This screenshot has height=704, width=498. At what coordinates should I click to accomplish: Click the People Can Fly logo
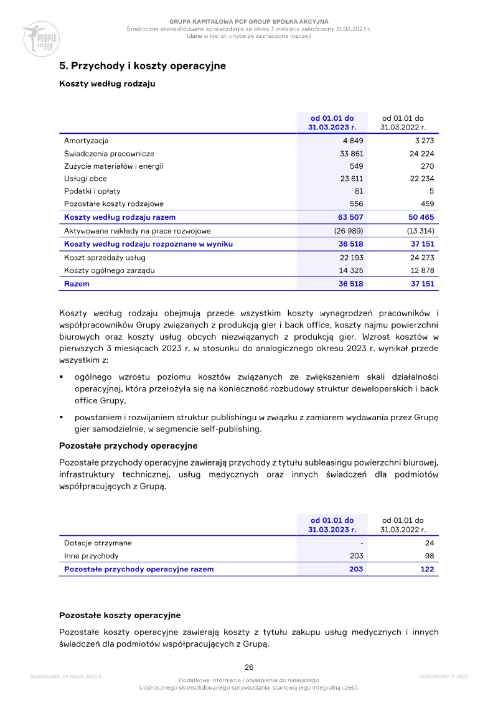tap(40, 38)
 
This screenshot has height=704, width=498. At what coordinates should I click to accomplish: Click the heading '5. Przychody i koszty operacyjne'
tap(142, 65)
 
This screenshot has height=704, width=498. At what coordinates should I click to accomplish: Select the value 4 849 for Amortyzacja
tap(352, 141)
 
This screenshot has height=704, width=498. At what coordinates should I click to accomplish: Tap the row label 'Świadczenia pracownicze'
tap(109, 154)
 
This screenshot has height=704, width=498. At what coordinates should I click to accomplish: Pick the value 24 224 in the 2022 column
tap(421, 154)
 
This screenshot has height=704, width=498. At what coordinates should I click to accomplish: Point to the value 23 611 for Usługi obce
tap(350, 179)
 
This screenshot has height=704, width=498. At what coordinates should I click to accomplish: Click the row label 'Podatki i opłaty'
tap(92, 191)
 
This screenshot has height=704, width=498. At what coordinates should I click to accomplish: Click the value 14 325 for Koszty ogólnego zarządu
tap(350, 270)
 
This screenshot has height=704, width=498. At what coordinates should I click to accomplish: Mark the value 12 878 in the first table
tap(421, 270)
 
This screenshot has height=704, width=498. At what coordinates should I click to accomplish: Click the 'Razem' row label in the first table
tap(77, 284)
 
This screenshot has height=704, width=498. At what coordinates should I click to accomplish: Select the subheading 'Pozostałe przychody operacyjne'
tap(128, 446)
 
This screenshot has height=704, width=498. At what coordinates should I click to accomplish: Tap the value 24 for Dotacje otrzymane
tap(429, 543)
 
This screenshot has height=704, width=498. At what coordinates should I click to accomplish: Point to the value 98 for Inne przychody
tap(429, 556)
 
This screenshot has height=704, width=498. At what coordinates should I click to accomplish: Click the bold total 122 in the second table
tap(427, 569)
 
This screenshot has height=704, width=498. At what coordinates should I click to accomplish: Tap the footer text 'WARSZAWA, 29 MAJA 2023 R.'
tap(66, 677)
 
